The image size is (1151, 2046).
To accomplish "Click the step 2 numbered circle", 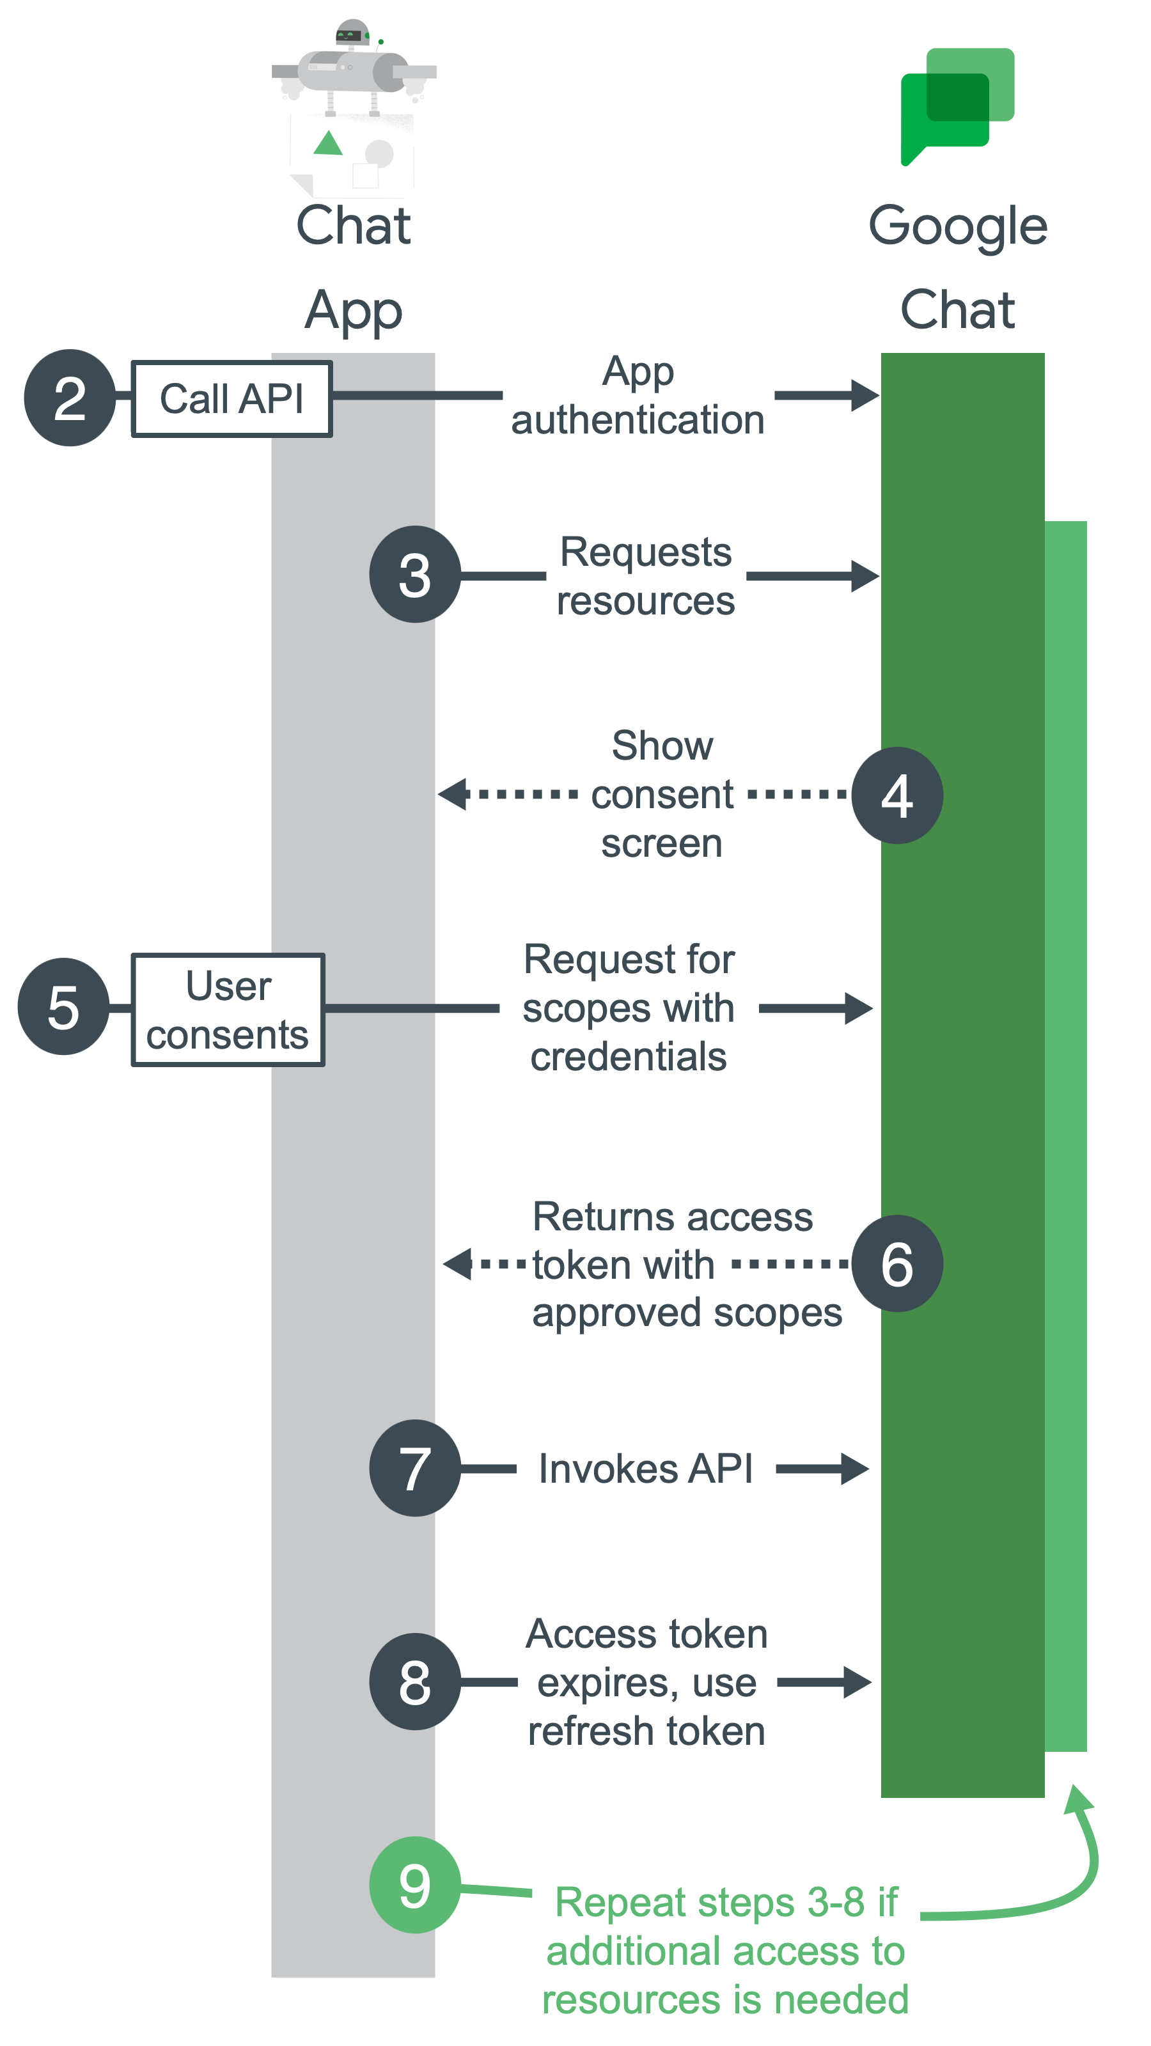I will (70, 398).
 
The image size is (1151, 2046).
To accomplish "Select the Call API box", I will (231, 399).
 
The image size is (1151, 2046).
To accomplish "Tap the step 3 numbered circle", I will (414, 574).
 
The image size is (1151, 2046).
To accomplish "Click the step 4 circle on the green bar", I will (897, 795).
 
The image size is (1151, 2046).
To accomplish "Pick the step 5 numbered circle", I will (63, 1006).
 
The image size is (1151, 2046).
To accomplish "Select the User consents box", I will (228, 1010).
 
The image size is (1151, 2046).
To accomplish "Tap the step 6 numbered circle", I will (897, 1263).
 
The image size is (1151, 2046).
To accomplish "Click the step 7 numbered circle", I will (414, 1468).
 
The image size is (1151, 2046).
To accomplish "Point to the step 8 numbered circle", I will (414, 1682).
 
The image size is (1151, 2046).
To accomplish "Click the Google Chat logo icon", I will (957, 105).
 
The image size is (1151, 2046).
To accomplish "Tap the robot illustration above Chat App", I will (354, 107).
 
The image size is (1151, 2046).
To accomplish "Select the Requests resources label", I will (645, 576).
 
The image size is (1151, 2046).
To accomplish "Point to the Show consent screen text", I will (662, 794).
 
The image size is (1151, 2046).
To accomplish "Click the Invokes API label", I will (645, 1469).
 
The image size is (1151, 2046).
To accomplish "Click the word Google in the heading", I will (957, 227).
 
